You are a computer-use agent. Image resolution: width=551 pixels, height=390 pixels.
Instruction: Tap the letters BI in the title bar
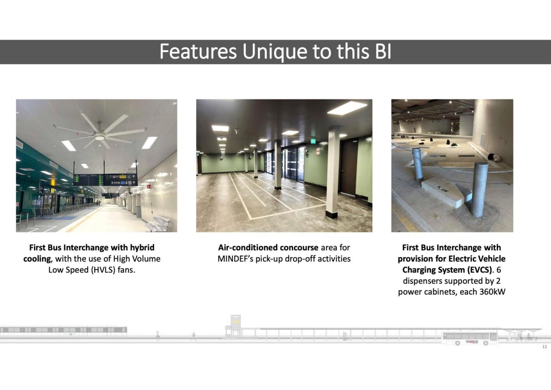click(383, 52)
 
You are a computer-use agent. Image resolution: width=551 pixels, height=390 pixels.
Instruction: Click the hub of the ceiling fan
click(99, 137)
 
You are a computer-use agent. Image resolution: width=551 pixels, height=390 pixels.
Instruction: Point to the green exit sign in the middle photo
click(313, 141)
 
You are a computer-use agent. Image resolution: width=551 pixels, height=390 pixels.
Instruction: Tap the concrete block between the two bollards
click(446, 191)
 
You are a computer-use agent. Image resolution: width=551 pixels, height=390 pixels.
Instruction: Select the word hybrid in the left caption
click(142, 248)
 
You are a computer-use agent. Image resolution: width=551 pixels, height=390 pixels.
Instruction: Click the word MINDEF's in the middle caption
click(235, 259)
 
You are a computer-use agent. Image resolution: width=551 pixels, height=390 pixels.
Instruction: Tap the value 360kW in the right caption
click(492, 292)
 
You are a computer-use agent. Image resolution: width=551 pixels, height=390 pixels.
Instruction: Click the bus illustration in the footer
click(470, 338)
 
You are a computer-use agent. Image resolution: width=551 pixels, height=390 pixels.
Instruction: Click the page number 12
click(544, 347)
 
